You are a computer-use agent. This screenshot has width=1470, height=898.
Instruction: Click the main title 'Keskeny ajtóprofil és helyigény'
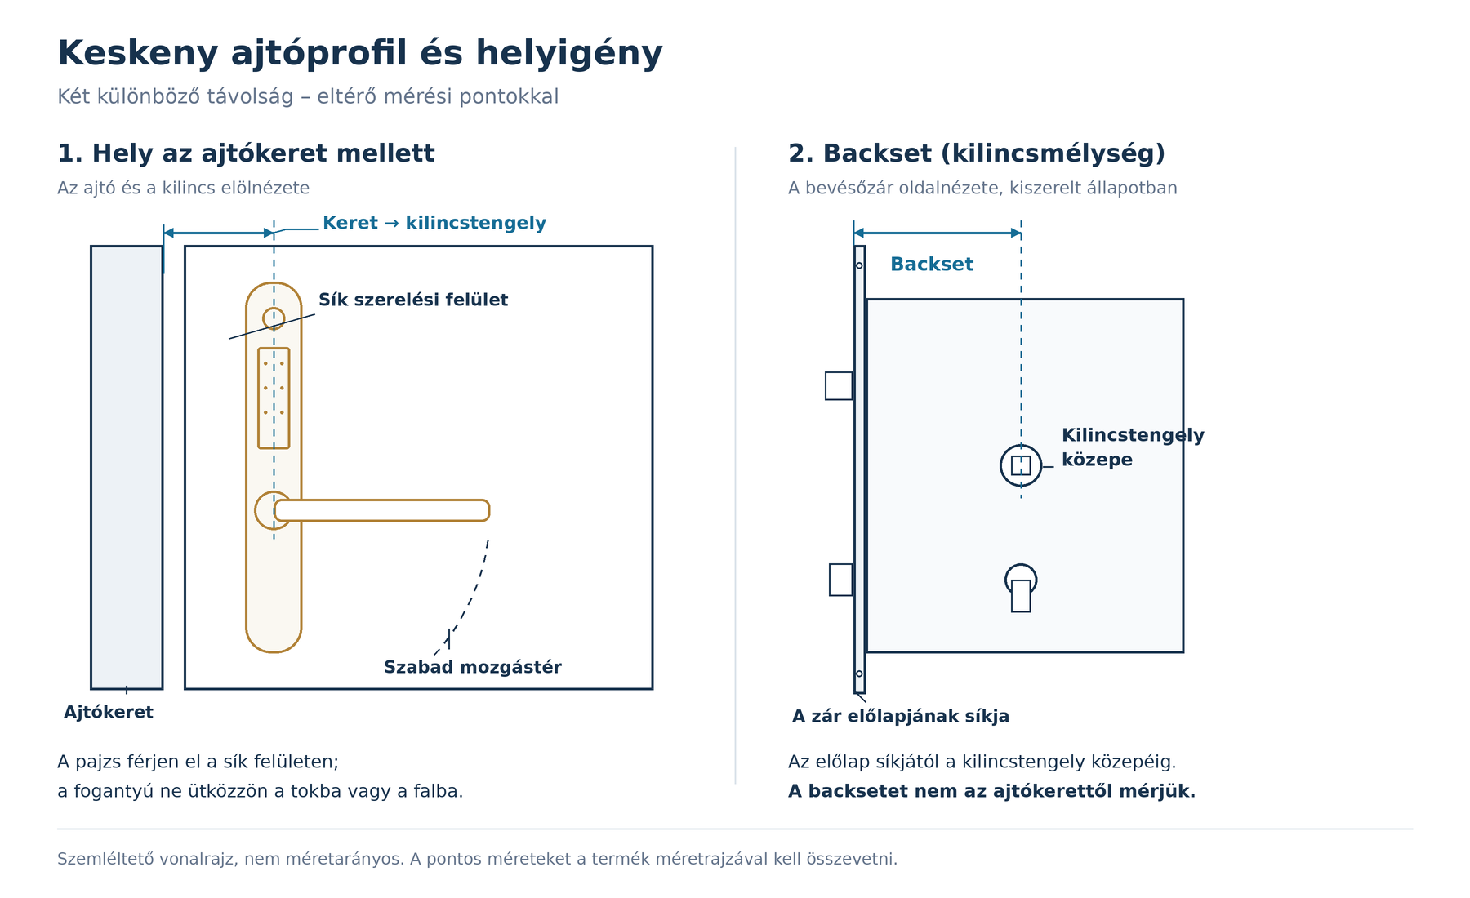[360, 54]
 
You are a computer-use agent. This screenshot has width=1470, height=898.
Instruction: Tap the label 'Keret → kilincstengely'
[434, 223]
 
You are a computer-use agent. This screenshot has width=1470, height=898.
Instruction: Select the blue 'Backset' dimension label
[932, 264]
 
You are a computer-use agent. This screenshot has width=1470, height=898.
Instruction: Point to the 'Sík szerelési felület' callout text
[413, 300]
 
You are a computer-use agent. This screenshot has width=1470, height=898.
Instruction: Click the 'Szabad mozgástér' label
[473, 667]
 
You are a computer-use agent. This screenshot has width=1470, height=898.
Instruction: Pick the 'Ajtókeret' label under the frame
[109, 712]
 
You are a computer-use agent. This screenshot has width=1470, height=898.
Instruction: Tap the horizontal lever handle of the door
[381, 510]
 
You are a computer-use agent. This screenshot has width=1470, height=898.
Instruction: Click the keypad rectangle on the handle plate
[274, 398]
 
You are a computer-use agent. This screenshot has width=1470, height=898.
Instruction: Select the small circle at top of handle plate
[274, 318]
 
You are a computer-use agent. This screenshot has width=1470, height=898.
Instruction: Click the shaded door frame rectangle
[127, 467]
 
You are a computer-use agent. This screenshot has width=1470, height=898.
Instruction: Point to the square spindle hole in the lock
[1021, 465]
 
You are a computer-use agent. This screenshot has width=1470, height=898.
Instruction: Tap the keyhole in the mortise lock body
[1021, 588]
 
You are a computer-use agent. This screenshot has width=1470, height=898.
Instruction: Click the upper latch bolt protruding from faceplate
[839, 386]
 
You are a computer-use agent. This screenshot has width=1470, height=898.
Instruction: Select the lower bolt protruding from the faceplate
[841, 580]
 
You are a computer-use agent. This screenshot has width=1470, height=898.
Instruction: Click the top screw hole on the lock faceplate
[859, 265]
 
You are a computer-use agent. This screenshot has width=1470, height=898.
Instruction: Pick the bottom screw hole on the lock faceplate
[859, 673]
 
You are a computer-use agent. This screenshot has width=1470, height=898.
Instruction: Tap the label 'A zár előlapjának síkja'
[901, 716]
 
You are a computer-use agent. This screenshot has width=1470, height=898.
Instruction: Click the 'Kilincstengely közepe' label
[1133, 447]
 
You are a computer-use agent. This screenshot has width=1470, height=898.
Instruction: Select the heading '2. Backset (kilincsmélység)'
[977, 153]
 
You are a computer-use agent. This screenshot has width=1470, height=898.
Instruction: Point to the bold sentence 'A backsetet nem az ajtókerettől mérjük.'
[991, 791]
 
